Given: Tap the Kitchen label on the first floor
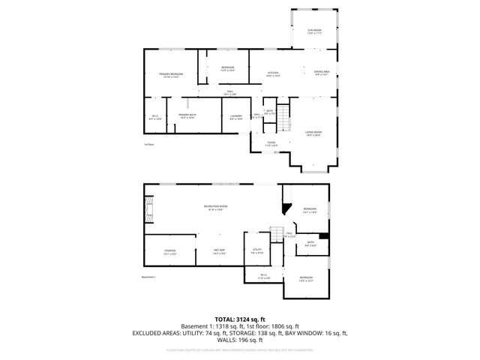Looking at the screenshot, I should click(x=274, y=73).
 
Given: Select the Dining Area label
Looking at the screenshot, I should click(x=322, y=73).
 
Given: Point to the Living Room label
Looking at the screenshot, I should click(x=313, y=134).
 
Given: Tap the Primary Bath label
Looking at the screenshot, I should click(x=187, y=116).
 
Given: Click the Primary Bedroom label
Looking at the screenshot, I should click(x=171, y=75).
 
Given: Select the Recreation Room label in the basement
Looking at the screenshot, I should click(x=216, y=207).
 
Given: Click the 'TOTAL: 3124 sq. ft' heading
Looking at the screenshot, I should click(x=239, y=319).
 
